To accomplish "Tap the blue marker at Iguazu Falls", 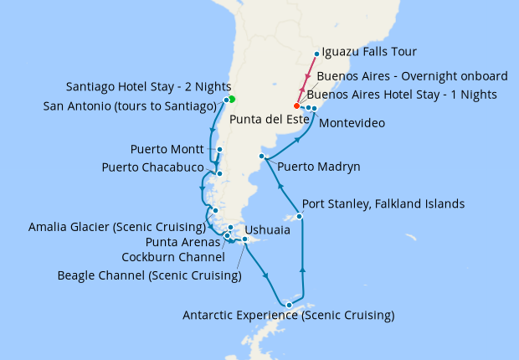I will [x=316, y=55].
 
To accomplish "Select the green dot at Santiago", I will [x=232, y=99].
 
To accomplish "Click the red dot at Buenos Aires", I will [x=296, y=106].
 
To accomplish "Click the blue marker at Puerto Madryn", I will [x=262, y=157].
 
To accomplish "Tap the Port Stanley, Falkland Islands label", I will [x=383, y=203].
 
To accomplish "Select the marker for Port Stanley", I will [x=300, y=217].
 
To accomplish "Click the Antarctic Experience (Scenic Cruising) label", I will [x=288, y=316].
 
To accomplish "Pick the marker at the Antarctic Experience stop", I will [x=289, y=305].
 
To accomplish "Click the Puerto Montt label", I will [x=167, y=150].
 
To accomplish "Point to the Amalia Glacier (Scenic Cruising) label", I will [x=116, y=227].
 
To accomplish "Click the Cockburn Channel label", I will [x=172, y=257].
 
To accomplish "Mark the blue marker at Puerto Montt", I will [x=218, y=151].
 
